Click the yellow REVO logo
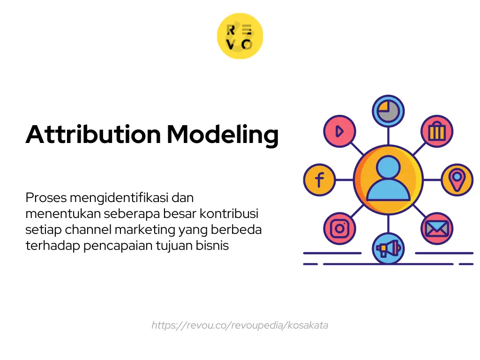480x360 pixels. pos(240,36)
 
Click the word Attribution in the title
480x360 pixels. pos(93,135)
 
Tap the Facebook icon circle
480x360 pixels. pos(319,180)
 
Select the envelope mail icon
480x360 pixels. pos(436,229)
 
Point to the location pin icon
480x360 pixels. pos(457,180)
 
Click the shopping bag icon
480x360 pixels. pos(436,132)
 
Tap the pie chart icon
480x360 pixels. pos(388,111)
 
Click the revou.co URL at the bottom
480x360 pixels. pos(240,325)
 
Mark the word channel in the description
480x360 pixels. pos(84,230)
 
